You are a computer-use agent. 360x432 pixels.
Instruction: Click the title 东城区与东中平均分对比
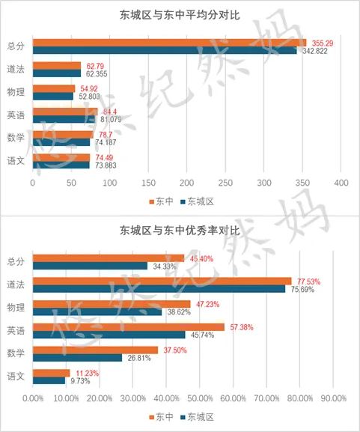coord(180,15)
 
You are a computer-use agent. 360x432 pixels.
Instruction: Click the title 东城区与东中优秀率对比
coord(180,231)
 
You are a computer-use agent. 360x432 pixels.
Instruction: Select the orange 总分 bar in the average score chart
coord(169,43)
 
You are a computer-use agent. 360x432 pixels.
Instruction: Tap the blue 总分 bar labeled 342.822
coord(165,51)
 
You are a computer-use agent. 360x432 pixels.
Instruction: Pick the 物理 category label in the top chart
coord(16,92)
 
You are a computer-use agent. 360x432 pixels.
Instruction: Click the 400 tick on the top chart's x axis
coord(341,183)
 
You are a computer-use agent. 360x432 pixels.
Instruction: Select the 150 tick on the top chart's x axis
coord(148,183)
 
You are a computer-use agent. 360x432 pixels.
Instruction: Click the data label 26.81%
coord(137,358)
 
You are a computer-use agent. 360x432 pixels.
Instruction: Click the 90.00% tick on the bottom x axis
coord(334,398)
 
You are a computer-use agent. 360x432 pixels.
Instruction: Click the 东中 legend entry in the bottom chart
coord(161,416)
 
